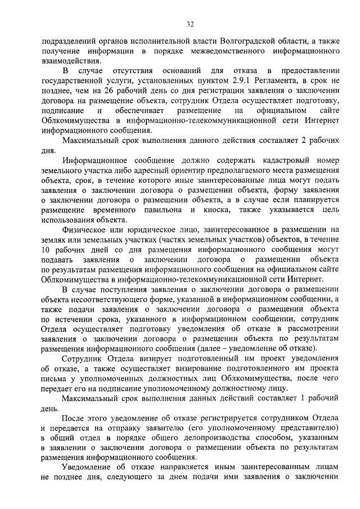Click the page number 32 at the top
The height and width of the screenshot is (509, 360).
[x=190, y=24]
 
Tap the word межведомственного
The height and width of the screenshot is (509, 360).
[x=225, y=51]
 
